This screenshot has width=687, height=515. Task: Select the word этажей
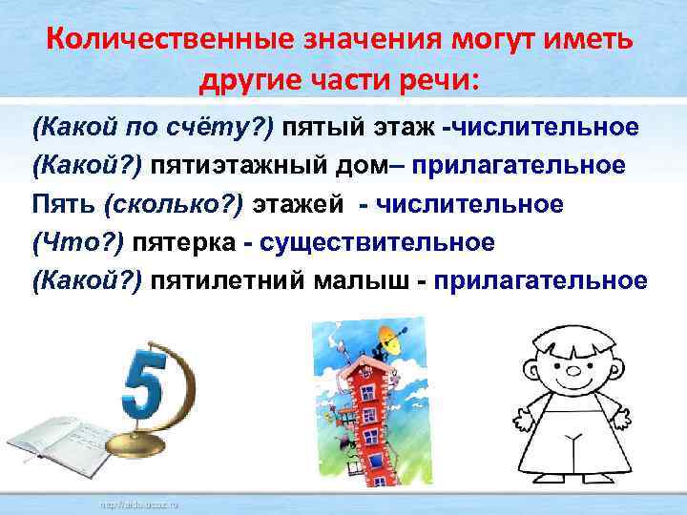[294, 203]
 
